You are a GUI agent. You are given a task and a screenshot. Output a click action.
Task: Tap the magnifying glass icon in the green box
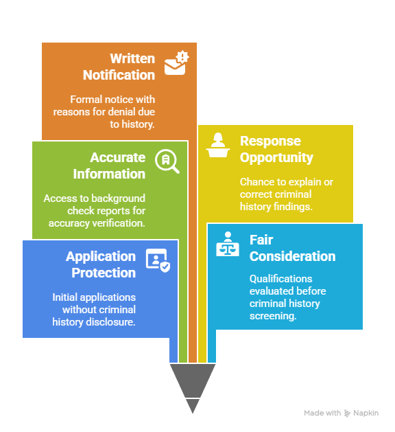pyautogui.click(x=167, y=161)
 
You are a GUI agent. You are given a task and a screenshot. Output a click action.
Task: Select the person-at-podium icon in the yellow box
pyautogui.click(x=218, y=145)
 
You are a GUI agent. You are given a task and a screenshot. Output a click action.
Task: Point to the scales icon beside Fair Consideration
pyautogui.click(x=228, y=244)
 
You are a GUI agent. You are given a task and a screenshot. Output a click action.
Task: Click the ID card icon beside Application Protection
pyautogui.click(x=158, y=260)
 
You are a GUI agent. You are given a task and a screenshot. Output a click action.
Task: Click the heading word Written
pyautogui.click(x=132, y=58)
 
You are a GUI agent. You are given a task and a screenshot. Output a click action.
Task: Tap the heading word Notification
pyautogui.click(x=119, y=75)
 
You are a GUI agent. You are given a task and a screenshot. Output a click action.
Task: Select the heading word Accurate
pyautogui.click(x=118, y=157)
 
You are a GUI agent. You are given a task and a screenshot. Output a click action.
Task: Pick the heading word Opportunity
pyautogui.click(x=276, y=158)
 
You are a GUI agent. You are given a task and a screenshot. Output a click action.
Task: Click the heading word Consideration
pyautogui.click(x=292, y=256)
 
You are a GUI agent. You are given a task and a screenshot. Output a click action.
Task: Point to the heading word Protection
pyautogui.click(x=104, y=273)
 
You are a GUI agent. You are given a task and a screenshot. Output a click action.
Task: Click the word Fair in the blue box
pyautogui.click(x=261, y=240)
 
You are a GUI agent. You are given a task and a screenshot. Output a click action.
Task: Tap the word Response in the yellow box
pyautogui.click(x=270, y=141)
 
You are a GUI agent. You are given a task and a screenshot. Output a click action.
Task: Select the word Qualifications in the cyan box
pyautogui.click(x=281, y=279)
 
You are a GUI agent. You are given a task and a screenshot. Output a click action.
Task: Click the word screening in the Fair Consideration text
pyautogui.click(x=273, y=316)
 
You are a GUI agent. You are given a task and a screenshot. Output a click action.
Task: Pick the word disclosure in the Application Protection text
pyautogui.click(x=111, y=322)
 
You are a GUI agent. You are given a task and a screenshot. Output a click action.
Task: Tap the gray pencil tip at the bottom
pyautogui.click(x=193, y=388)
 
